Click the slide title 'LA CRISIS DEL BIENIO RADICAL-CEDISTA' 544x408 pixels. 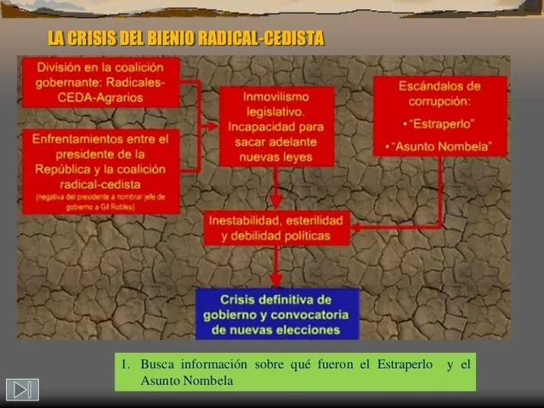[186, 39]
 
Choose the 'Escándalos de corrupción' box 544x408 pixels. [439, 116]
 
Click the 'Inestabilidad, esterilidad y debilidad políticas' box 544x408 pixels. [276, 228]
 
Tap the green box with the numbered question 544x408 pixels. [295, 372]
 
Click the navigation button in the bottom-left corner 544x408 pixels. [22, 389]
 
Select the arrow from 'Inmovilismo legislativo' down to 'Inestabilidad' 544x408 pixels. [275, 187]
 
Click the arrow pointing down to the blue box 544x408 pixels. [275, 269]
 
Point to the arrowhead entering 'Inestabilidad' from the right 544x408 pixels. [357, 227]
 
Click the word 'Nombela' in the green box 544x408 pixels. [204, 381]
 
